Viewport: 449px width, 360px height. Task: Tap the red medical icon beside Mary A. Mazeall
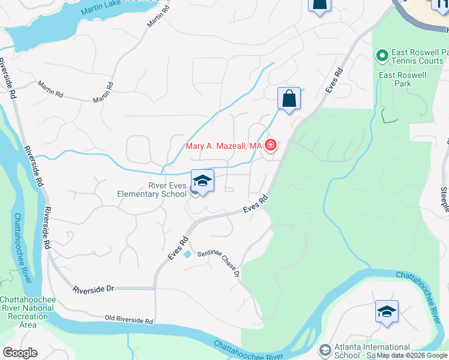coord(271,145)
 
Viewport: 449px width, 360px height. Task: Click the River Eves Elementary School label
coord(152,190)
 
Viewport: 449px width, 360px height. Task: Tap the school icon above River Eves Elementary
coord(203,181)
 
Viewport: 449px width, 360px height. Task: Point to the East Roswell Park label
coord(403,79)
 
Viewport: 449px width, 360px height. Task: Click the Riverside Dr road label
coord(94,289)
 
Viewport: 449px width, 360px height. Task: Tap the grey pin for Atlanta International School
coord(325,349)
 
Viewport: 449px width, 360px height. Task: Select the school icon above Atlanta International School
coord(387,311)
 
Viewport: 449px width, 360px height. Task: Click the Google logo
coord(20,353)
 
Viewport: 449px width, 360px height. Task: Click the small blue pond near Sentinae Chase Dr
coord(187,254)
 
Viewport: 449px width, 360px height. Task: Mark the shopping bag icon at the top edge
coord(319,5)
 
